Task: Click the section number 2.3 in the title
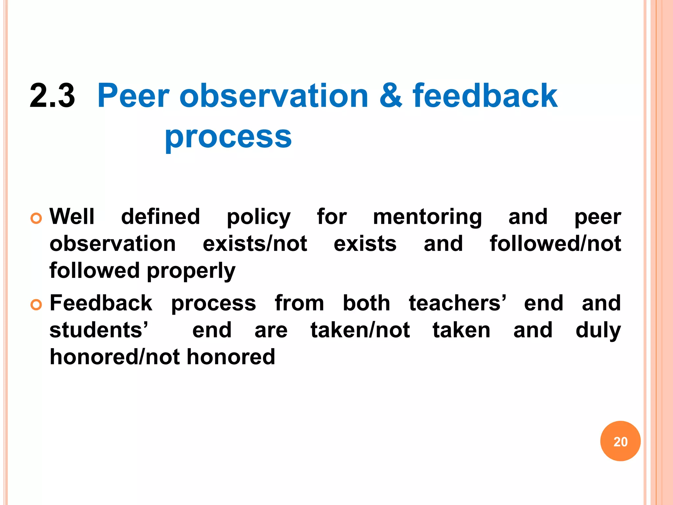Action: click(x=52, y=96)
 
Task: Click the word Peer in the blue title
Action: click(x=133, y=96)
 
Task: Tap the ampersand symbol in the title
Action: click(x=391, y=96)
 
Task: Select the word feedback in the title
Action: click(x=485, y=96)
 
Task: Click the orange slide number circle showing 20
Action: click(x=620, y=441)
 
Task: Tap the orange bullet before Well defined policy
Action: click(x=36, y=218)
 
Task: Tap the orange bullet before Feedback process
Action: click(x=36, y=305)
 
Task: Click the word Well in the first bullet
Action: click(x=72, y=217)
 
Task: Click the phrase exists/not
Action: click(x=255, y=244)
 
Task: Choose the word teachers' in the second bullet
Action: click(x=457, y=303)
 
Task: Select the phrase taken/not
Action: click(x=360, y=330)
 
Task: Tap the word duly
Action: click(x=598, y=331)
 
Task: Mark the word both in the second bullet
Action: click(x=366, y=303)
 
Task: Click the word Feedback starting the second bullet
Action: click(x=101, y=303)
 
